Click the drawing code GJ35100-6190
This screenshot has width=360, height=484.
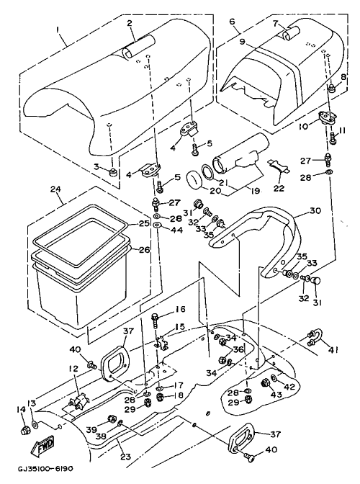pos(45,469)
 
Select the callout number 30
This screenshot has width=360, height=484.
pos(315,210)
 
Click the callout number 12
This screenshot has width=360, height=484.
pos(74,369)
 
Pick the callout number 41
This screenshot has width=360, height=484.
pos(333,350)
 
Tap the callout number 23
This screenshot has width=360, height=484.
pos(125,456)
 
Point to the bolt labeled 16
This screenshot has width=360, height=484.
pos(155,321)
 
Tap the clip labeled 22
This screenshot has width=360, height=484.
pos(279,166)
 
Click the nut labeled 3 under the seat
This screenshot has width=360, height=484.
pos(113,173)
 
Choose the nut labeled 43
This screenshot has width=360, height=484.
pos(265,383)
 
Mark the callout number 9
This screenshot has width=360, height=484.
pos(242,41)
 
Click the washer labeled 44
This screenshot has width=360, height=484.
pos(157,225)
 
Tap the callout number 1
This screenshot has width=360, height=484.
pos(57,30)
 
